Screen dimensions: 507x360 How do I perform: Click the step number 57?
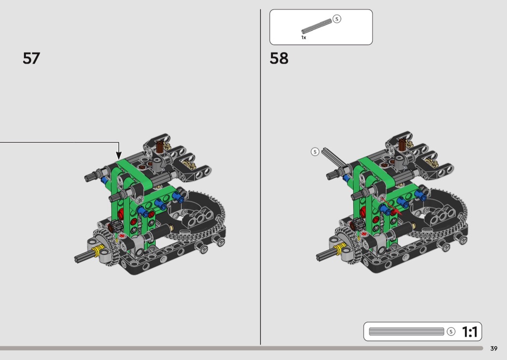(x=31, y=58)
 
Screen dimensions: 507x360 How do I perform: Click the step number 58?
(x=279, y=58)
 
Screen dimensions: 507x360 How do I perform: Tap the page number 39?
(x=494, y=348)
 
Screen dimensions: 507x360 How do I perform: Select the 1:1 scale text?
(x=470, y=332)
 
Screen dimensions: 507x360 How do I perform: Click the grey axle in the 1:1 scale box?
(x=407, y=332)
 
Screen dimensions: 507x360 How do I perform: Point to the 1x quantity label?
(x=304, y=38)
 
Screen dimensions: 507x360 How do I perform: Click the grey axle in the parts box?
(x=317, y=26)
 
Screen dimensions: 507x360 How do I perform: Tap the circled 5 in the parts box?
(x=337, y=19)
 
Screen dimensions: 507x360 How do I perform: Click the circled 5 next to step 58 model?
(x=315, y=152)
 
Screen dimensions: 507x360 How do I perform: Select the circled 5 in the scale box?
(x=451, y=332)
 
